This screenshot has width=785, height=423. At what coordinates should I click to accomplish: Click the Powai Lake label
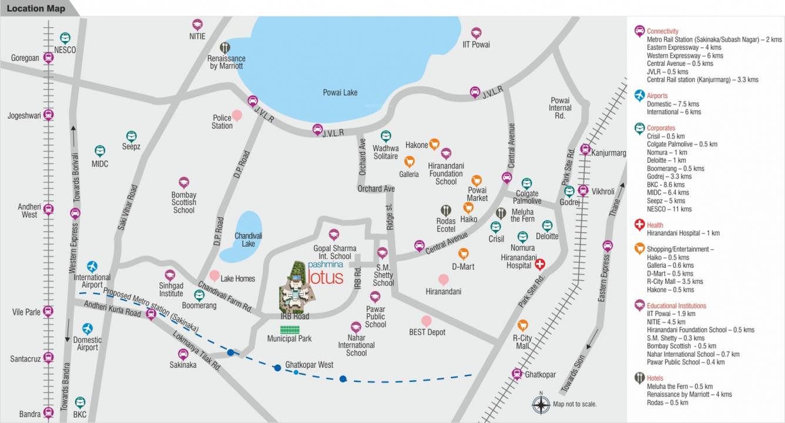pos(340,92)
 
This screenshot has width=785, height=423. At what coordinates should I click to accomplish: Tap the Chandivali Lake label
pos(248,239)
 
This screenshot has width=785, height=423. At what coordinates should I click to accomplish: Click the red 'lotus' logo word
pos(325,277)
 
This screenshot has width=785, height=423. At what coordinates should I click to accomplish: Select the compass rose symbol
pos(541,404)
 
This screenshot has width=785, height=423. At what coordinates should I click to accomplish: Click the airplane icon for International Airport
pos(92,267)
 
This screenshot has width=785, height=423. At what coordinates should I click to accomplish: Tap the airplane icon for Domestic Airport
pos(88,328)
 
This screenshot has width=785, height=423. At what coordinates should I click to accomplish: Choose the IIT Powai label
pos(476,44)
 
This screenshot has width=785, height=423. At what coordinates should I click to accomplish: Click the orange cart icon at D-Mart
pos(464,254)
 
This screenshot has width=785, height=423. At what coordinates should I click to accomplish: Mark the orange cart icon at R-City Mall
pos(522,325)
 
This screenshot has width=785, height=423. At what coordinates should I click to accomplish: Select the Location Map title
pos(36,8)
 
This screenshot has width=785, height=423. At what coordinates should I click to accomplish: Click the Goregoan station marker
pos(49,58)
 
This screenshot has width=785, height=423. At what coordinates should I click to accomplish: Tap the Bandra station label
pos(29,414)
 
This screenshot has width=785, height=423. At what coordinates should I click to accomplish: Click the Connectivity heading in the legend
pos(662,31)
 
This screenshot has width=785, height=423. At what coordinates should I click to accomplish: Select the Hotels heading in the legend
pos(655,378)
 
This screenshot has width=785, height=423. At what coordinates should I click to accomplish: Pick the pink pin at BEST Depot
pos(427,321)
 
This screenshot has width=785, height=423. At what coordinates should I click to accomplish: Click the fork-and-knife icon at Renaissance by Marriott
pos(225,47)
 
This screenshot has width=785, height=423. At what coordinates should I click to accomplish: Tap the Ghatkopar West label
pos(309,365)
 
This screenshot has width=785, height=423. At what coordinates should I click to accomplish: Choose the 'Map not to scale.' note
pos(574,404)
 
